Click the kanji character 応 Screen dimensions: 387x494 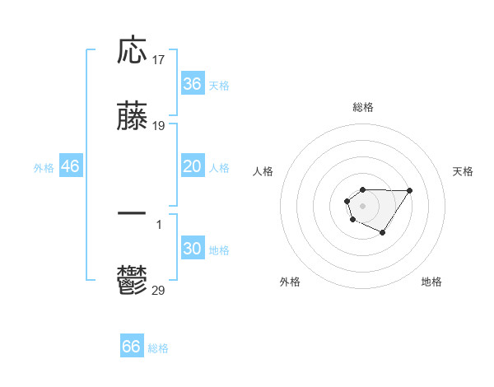(133, 51)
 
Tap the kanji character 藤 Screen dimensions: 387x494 (133, 118)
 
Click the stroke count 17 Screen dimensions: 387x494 (159, 60)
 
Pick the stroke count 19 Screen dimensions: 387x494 (159, 126)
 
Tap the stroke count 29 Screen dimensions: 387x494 (159, 290)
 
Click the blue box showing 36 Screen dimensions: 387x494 (192, 84)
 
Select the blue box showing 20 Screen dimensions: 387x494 (192, 166)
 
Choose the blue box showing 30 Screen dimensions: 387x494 (192, 249)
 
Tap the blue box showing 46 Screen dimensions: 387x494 (71, 166)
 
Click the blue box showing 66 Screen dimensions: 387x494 (132, 347)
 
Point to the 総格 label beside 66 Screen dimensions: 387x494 (158, 348)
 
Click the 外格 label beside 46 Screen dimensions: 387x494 (44, 168)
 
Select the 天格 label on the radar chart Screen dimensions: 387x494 (463, 171)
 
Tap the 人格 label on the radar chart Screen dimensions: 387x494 (263, 171)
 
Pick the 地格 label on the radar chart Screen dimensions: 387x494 (431, 282)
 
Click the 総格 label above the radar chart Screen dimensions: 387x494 (363, 107)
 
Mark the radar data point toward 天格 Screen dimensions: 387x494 (410, 190)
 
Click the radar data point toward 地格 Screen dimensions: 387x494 (383, 233)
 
